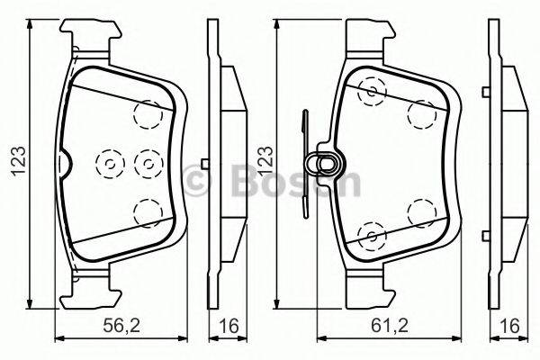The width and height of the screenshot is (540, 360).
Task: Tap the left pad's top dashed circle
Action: pyautogui.click(x=145, y=113)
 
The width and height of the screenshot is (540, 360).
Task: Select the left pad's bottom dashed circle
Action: pyautogui.click(x=145, y=212)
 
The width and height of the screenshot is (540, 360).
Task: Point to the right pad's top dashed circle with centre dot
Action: pyautogui.click(x=370, y=90)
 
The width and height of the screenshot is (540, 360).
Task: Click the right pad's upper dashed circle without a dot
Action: pyautogui.click(x=418, y=113)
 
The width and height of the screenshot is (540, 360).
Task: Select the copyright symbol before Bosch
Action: pyautogui.click(x=195, y=181)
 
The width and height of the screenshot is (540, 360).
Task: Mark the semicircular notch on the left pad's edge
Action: pyautogui.click(x=65, y=163)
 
